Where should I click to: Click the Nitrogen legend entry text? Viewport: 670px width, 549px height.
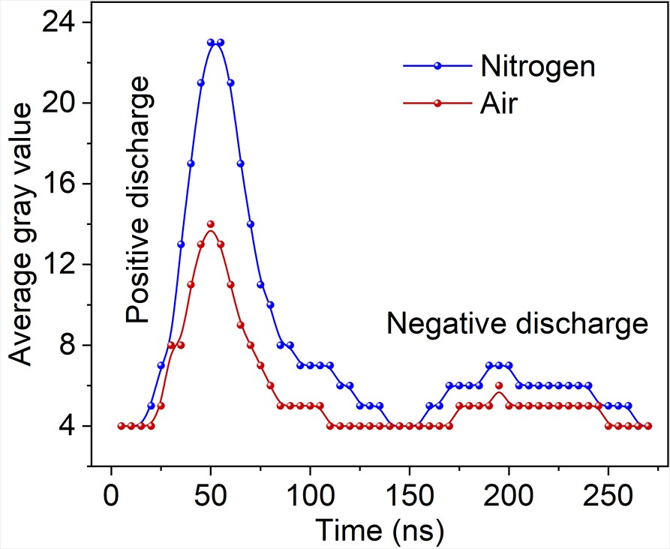pyautogui.click(x=536, y=66)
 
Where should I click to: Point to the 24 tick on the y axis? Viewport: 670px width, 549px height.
pyautogui.click(x=66, y=22)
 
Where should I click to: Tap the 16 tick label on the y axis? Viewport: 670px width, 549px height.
pyautogui.click(x=66, y=184)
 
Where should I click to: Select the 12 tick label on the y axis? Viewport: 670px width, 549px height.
pyautogui.click(x=66, y=265)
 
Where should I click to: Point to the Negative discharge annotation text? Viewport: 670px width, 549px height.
pyautogui.click(x=517, y=324)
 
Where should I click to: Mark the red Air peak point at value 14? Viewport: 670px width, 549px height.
pyautogui.click(x=211, y=224)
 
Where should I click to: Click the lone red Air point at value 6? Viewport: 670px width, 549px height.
pyautogui.click(x=499, y=385)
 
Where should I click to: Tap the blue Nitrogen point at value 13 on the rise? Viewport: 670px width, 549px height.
pyautogui.click(x=181, y=244)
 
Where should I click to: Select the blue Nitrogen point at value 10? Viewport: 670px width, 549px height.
pyautogui.click(x=270, y=304)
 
